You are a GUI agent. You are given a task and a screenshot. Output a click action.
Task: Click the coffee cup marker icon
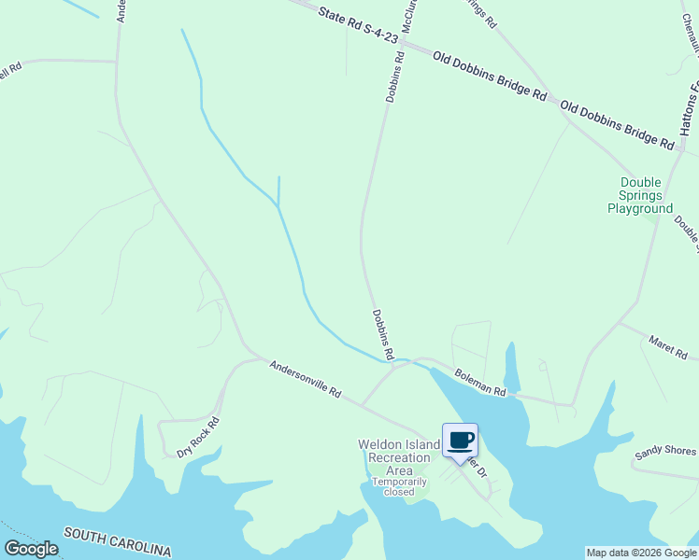tap(460, 440)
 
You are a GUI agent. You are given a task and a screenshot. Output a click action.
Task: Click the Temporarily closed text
tap(399, 486)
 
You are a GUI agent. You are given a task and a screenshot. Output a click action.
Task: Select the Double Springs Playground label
tap(640, 196)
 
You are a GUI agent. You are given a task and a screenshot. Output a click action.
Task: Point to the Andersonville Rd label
tap(306, 380)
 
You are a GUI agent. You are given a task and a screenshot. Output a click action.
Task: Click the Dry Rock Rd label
tap(197, 437)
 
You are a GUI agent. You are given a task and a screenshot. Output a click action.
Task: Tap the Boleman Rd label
tap(480, 383)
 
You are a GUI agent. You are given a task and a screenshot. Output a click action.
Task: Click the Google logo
tap(31, 549)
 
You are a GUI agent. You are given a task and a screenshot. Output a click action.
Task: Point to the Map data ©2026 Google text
tap(641, 553)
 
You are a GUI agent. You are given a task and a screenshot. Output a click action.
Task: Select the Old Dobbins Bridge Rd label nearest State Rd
tap(490, 76)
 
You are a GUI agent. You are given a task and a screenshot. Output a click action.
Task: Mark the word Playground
tap(640, 209)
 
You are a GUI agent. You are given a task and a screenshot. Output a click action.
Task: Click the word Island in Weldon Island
tap(421, 445)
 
